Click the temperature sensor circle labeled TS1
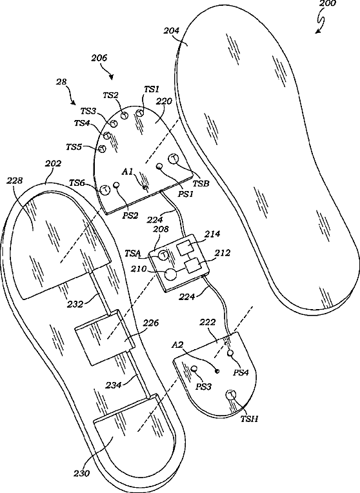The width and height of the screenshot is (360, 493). coord(139,111)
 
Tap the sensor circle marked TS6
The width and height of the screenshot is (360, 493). coord(105,190)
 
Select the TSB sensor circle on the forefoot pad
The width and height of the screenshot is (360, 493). coord(174,159)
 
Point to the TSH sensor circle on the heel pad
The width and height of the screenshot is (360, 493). coord(232,394)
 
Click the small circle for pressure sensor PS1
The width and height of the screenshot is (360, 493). coord(160,166)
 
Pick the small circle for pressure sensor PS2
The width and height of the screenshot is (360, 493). coord(117,185)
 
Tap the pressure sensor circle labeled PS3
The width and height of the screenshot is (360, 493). coord(194,368)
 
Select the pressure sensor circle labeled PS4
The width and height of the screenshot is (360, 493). coord(230,353)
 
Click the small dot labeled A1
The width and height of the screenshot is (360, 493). coord(145,187)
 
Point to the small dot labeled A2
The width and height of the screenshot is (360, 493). coord(217,371)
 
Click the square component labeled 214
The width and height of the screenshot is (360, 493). coord(183,248)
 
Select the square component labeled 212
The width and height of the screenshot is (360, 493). coord(192,267)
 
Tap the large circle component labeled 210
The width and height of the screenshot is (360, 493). coord(171,274)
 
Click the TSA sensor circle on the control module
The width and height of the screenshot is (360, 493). coord(163,255)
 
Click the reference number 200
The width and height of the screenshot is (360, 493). coord(327,4)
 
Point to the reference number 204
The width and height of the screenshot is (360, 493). coord(172,30)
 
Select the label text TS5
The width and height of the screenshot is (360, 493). coord(74,146)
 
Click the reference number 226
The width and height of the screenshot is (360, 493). coord(151,323)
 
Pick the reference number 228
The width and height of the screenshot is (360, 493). coord(15,181)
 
